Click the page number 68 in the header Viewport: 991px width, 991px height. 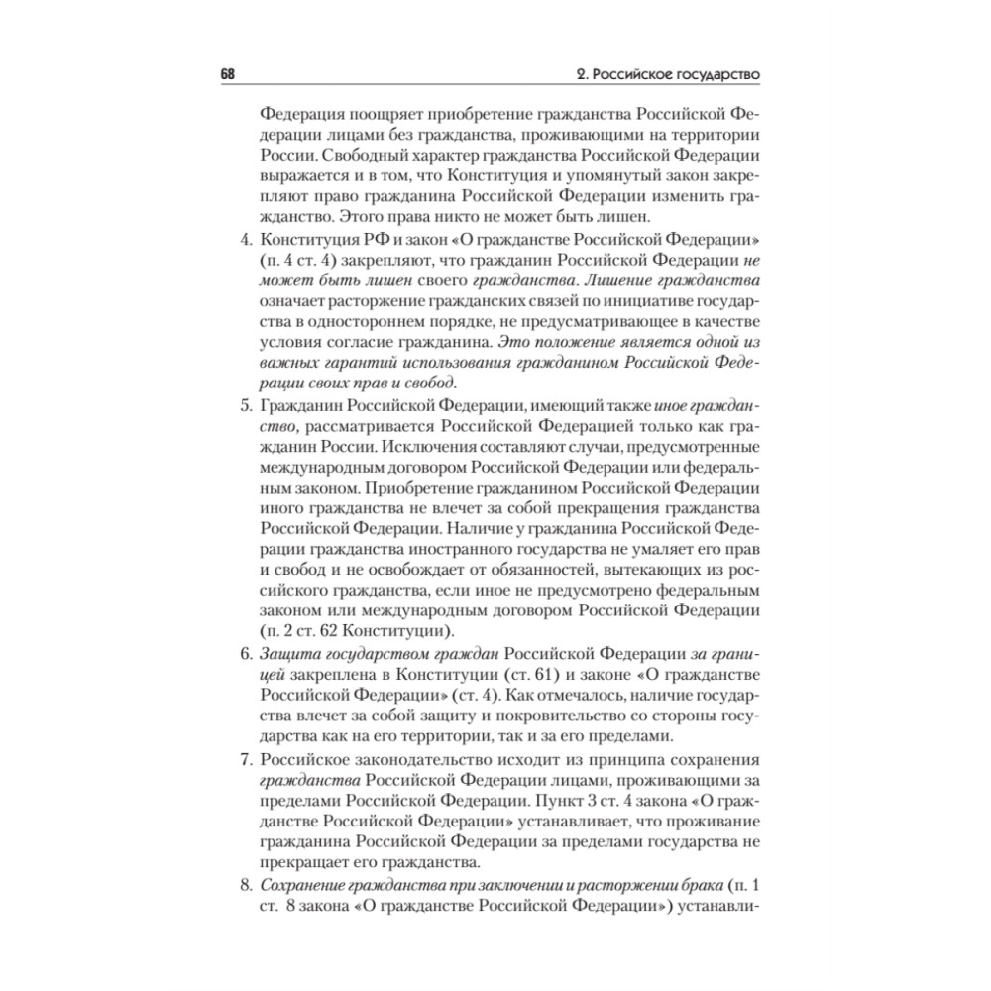tap(227, 76)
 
